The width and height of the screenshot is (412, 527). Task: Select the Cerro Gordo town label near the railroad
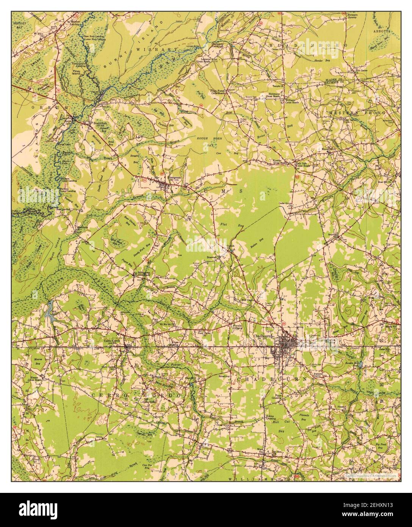(x=112, y=341)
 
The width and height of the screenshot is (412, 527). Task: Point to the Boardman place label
(x=98, y=123)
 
